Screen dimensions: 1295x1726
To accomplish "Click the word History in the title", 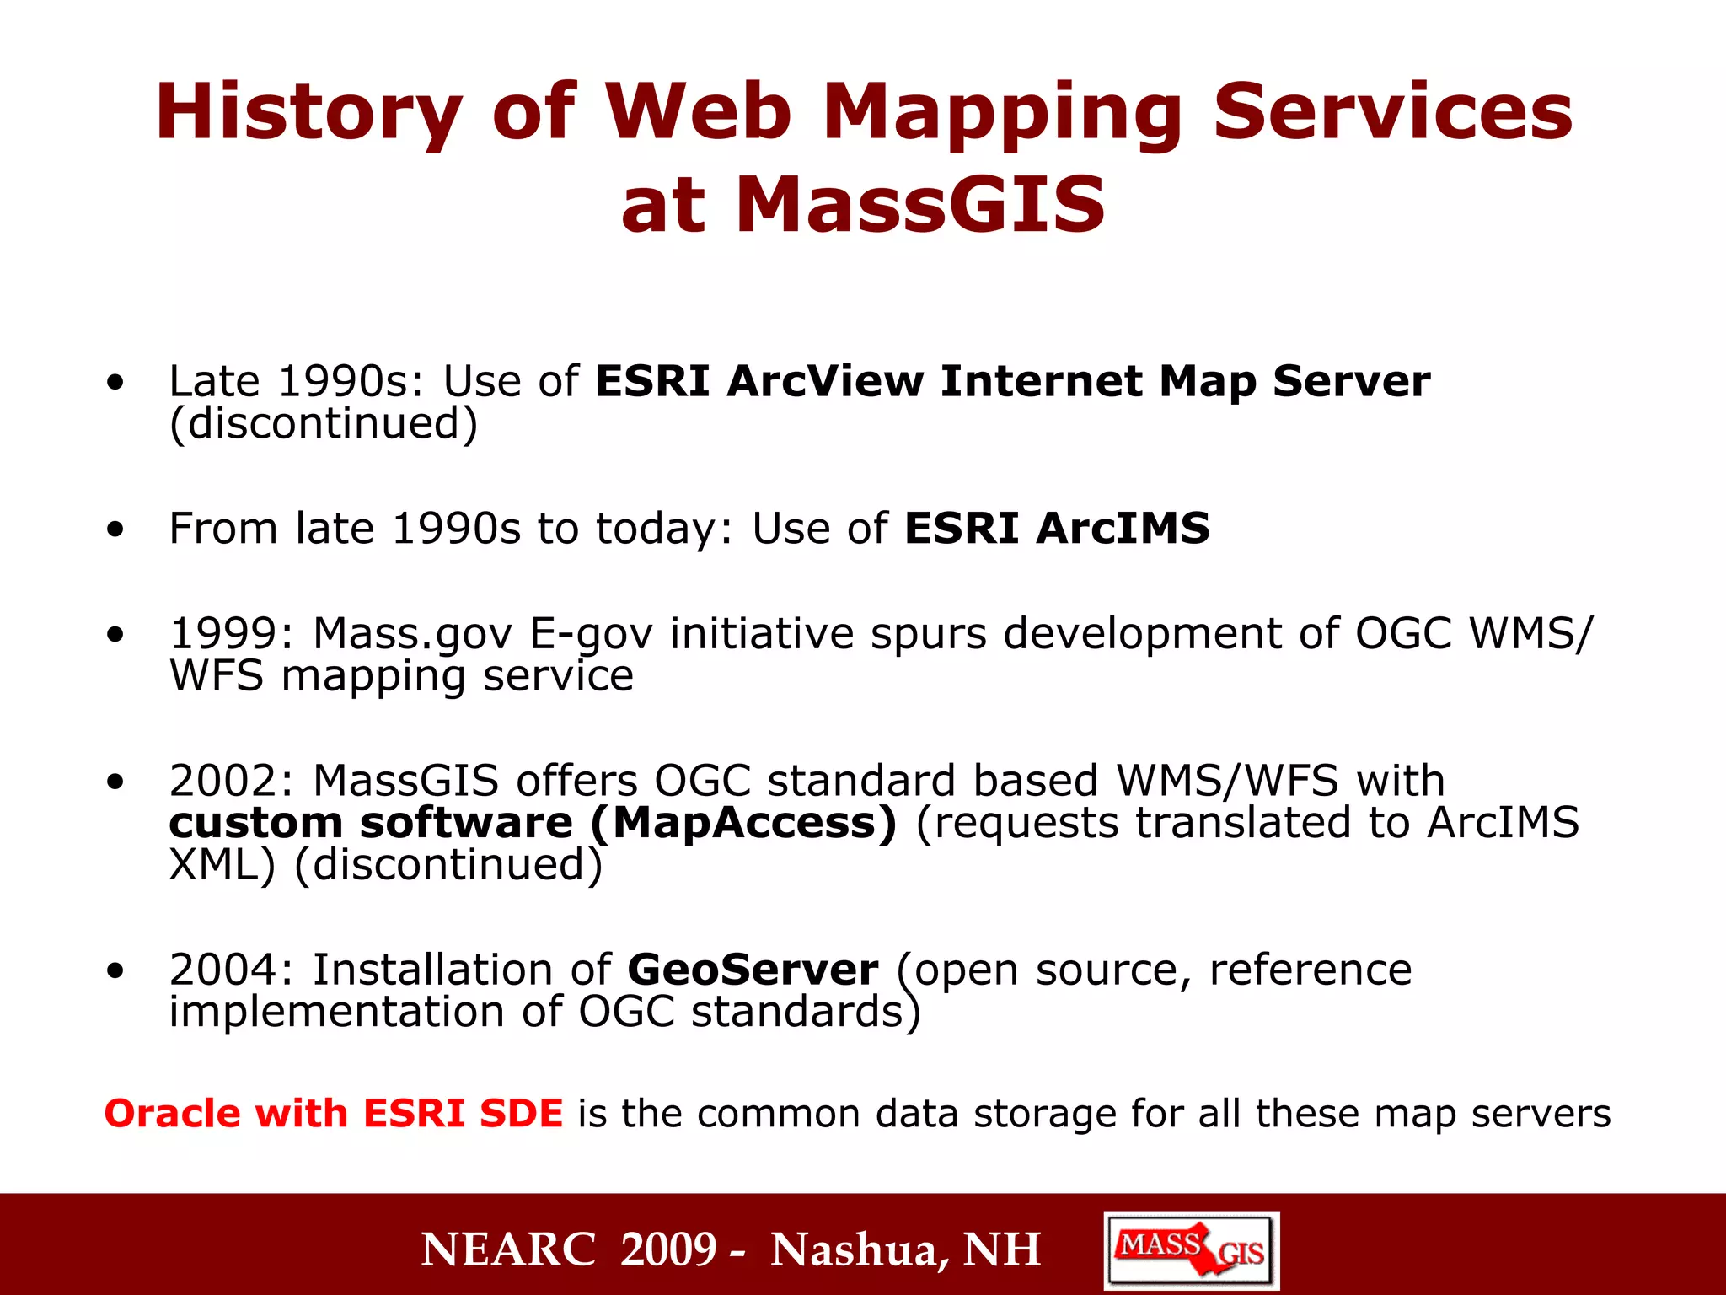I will [x=308, y=114].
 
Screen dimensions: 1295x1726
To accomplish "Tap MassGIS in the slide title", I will [x=919, y=205].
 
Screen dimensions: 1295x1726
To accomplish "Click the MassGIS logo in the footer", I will [x=1191, y=1250].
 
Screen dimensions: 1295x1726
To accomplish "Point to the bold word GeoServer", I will [x=753, y=970].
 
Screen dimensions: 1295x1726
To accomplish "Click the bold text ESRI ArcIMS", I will [x=1057, y=529].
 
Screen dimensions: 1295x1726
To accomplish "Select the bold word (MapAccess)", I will [x=743, y=823].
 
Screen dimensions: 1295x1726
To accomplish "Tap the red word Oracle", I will [x=172, y=1114].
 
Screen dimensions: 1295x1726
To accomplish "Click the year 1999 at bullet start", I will [x=223, y=633].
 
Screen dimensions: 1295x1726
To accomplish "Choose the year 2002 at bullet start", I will [x=223, y=781].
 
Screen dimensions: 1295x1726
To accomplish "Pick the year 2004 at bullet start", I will [x=223, y=970].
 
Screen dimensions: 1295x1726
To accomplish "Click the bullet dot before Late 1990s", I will [x=115, y=383].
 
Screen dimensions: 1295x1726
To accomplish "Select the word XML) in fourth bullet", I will [x=222, y=865].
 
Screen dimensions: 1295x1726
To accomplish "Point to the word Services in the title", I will [x=1392, y=114].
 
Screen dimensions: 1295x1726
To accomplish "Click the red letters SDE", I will [x=520, y=1114].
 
